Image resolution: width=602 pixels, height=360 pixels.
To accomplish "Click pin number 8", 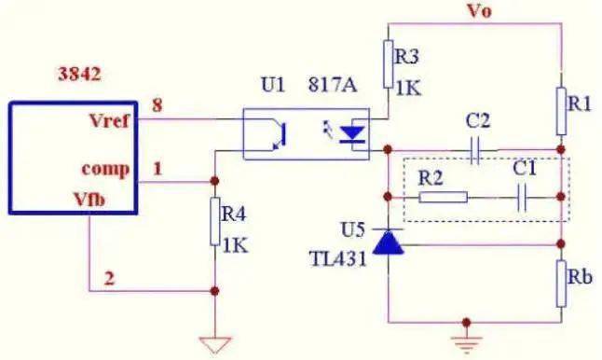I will pos(157,105).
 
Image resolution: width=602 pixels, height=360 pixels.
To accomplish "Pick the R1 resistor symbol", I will pos(562,110).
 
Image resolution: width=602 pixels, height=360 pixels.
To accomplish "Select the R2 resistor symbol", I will pos(443,197).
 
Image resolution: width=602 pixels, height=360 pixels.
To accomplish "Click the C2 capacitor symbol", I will pos(475,148).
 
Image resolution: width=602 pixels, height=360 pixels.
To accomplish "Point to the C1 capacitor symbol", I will pos(523,197).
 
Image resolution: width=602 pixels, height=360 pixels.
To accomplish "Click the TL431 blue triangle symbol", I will pos(386,242).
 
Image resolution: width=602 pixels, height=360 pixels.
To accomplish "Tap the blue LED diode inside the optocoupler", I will pos(351,133).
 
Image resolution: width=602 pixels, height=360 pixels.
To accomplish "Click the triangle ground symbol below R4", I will pos(215,344).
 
